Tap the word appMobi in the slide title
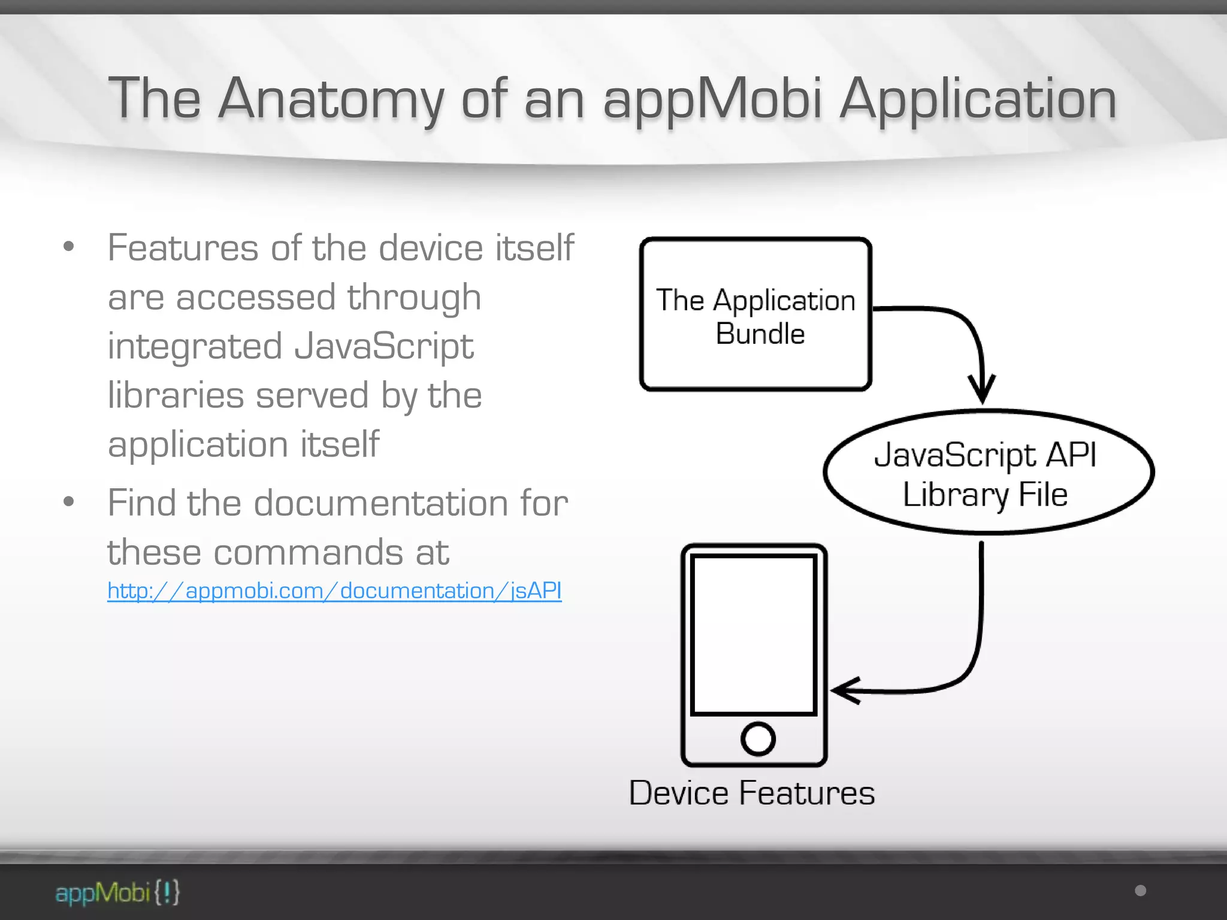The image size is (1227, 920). [x=712, y=99]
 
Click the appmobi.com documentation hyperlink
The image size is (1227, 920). [x=334, y=591]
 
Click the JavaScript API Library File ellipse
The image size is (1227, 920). [x=988, y=473]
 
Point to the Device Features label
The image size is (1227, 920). [x=751, y=793]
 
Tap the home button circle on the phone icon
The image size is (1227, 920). [x=758, y=739]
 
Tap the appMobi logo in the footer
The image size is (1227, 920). [x=117, y=892]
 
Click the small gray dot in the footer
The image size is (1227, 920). [x=1141, y=891]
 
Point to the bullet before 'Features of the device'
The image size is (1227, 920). [x=69, y=246]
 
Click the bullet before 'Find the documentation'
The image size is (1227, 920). [x=69, y=501]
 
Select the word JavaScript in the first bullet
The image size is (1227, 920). [x=383, y=347]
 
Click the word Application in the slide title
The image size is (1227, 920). [x=978, y=99]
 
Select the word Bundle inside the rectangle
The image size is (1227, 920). [x=760, y=334]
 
